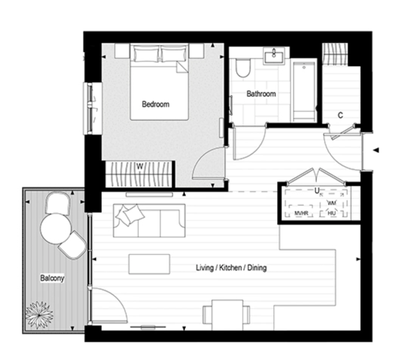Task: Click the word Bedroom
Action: [x=156, y=104]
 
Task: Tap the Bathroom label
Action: [x=261, y=94]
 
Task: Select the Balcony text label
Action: [x=52, y=278]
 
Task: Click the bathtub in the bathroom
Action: [x=304, y=89]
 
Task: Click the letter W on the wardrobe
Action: [x=139, y=166]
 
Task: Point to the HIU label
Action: [x=332, y=213]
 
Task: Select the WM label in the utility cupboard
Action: [x=332, y=203]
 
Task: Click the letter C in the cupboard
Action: [x=340, y=116]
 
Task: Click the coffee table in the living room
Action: [x=149, y=264]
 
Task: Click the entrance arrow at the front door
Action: [x=375, y=151]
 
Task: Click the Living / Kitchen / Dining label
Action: [x=231, y=268]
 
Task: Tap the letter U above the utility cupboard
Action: [x=316, y=190]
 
